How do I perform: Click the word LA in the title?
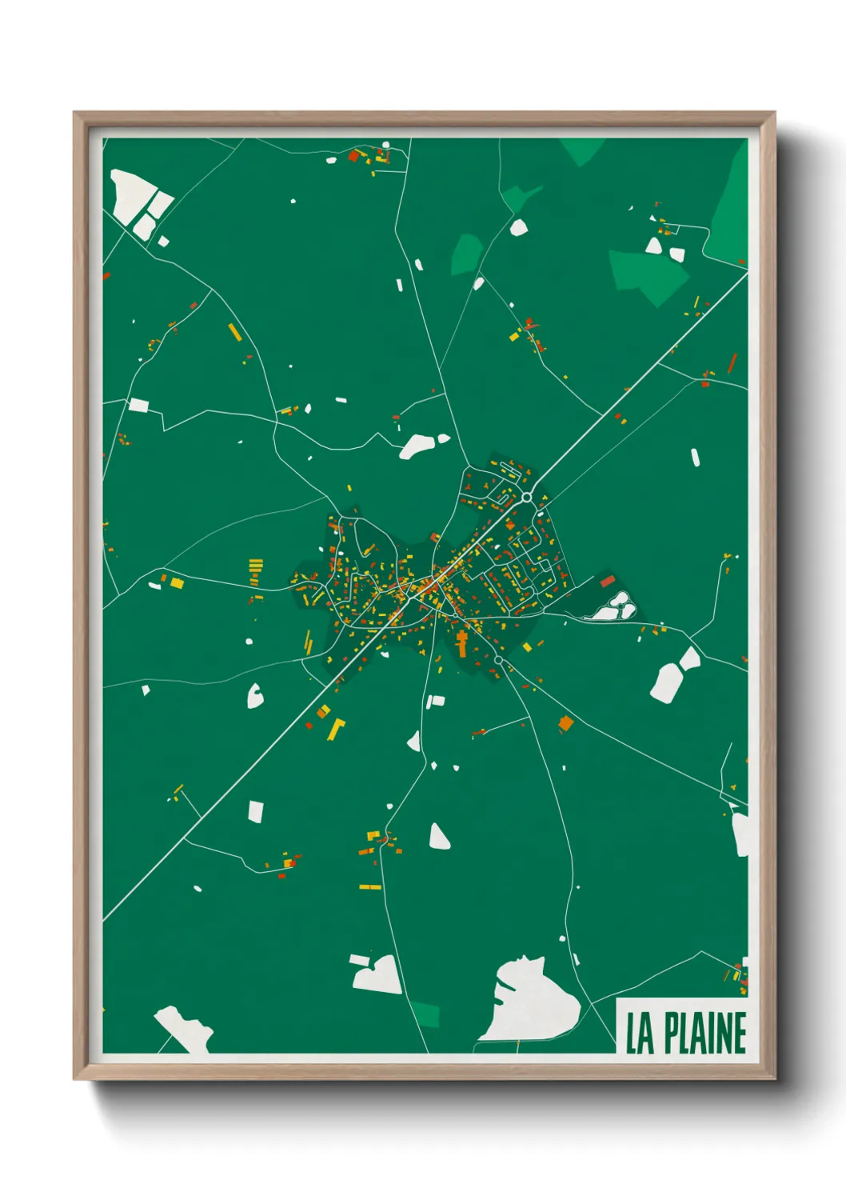click(640, 1034)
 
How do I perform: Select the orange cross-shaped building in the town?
click(462, 642)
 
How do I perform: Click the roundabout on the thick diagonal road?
click(526, 498)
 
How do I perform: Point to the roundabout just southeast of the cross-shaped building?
click(498, 660)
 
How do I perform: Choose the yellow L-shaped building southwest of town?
click(336, 728)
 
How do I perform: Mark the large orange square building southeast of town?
click(566, 724)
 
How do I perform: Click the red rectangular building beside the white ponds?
click(607, 582)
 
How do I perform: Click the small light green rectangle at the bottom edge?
click(426, 1014)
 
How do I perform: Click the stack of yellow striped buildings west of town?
click(256, 567)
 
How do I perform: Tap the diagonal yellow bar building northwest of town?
click(234, 332)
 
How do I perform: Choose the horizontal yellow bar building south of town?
click(369, 886)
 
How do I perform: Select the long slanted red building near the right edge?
click(732, 363)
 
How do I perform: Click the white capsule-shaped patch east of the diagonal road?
click(695, 458)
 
